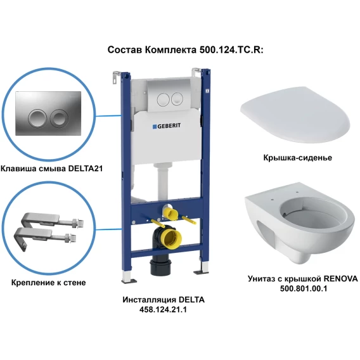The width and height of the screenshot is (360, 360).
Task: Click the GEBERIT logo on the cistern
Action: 167,126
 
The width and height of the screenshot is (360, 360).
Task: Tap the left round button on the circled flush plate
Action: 36,119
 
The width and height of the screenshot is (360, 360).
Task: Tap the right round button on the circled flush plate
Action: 58,119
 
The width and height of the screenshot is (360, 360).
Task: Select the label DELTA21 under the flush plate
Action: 86,169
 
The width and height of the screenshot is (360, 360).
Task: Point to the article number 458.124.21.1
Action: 163,310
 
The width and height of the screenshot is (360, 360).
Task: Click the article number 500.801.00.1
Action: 304,288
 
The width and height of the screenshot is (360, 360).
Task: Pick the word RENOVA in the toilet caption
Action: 340,279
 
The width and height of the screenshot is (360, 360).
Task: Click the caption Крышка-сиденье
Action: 297,158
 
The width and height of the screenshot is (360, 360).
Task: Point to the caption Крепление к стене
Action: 48,283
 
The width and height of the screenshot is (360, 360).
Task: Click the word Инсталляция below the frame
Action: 148,300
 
